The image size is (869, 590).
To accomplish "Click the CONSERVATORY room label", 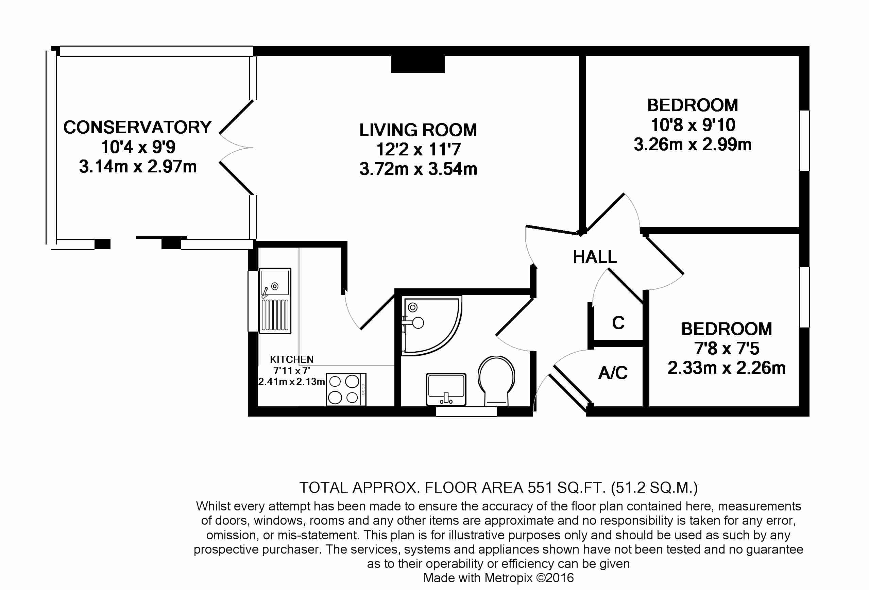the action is (x=137, y=128).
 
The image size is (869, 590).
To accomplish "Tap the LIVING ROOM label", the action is (x=418, y=130).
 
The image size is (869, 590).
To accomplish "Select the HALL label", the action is (x=595, y=257).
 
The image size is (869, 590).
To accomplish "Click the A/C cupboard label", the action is (x=613, y=373).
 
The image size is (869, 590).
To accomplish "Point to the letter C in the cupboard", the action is (x=618, y=323).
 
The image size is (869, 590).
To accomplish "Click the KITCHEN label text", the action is (x=292, y=359).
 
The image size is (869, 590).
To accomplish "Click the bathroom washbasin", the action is (x=446, y=389).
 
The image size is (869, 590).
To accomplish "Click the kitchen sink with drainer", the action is (x=275, y=301).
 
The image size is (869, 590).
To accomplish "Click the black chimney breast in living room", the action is (x=418, y=64).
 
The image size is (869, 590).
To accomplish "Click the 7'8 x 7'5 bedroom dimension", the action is (x=727, y=349).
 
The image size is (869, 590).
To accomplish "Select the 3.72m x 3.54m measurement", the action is (x=418, y=169).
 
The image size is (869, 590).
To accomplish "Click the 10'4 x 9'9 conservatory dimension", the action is (x=138, y=147).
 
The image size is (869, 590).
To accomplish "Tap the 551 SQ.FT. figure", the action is (x=566, y=488).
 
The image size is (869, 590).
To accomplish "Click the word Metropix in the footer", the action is (x=508, y=578).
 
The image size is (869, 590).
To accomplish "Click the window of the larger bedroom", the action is (x=805, y=140).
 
